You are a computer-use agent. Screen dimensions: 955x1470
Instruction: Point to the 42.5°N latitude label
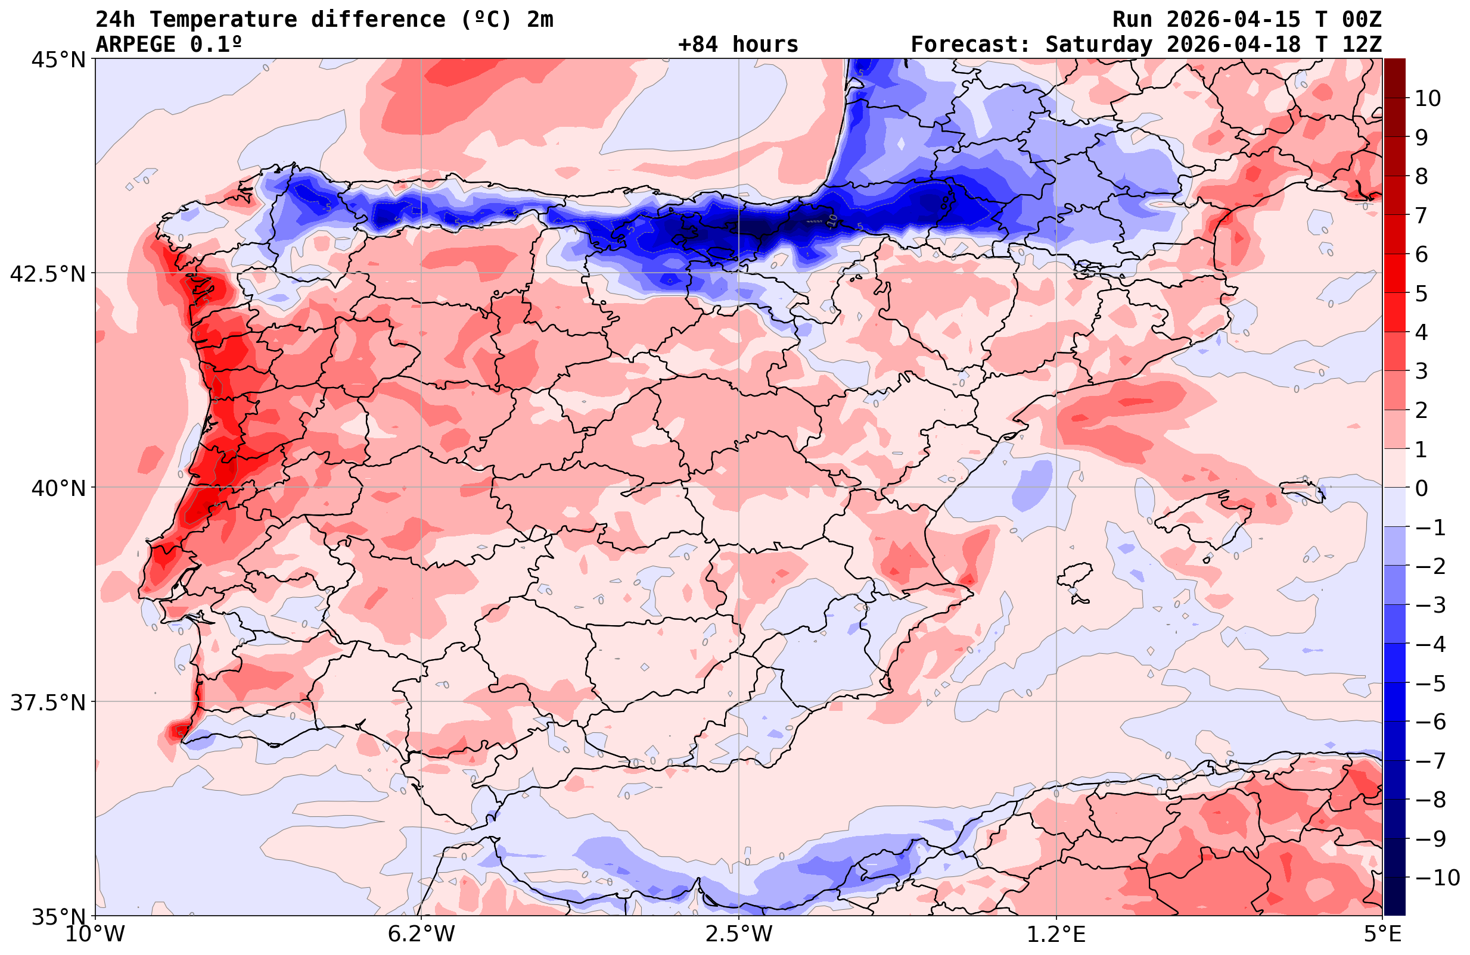pos(48,274)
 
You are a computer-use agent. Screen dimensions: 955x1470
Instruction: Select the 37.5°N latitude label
pos(48,703)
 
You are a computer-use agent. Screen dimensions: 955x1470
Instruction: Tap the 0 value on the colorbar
pos(1421,489)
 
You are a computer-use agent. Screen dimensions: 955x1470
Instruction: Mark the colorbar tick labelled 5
pos(1421,294)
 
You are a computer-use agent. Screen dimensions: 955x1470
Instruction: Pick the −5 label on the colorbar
pos(1429,684)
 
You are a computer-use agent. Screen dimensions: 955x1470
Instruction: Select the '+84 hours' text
pos(738,45)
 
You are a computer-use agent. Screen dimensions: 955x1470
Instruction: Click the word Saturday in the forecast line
pos(1099,45)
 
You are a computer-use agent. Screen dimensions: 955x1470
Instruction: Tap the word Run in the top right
pos(1133,20)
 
